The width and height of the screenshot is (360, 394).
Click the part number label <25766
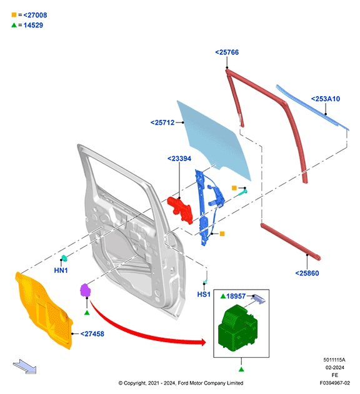tap(226, 53)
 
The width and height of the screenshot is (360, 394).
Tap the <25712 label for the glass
tap(164, 122)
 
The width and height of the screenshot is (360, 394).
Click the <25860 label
tap(307, 272)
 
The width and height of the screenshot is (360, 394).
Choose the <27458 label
tap(92, 334)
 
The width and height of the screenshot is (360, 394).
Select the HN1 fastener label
tap(61, 270)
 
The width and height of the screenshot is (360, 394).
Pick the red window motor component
tap(181, 209)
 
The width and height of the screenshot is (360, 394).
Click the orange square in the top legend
tap(13, 14)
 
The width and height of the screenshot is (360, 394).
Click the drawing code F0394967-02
tap(334, 383)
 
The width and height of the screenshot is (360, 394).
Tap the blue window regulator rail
tap(202, 209)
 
